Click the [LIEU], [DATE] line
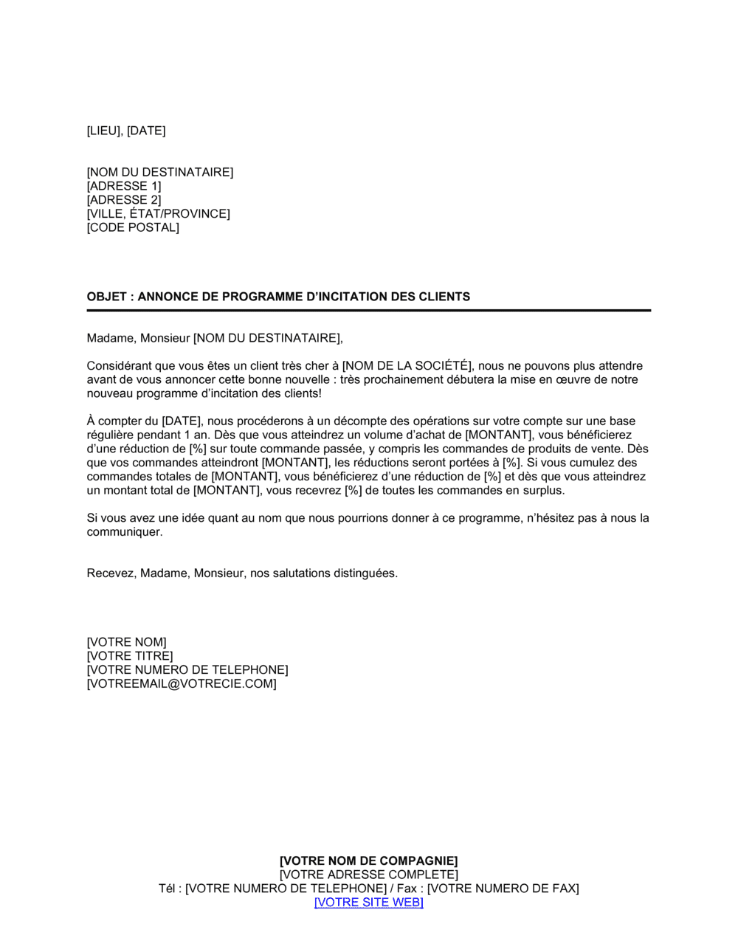pyautogui.click(x=126, y=131)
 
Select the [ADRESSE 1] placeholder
pyautogui.click(x=124, y=187)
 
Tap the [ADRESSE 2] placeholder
pyautogui.click(x=124, y=200)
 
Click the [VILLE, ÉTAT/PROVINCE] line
pyautogui.click(x=159, y=214)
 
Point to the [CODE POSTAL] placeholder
pyautogui.click(x=133, y=228)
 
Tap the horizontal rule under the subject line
pyautogui.click(x=369, y=311)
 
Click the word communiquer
pyautogui.click(x=124, y=532)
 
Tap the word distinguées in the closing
pyautogui.click(x=365, y=573)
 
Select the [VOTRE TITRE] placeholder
pyautogui.click(x=130, y=656)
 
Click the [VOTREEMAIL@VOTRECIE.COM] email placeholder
pyautogui.click(x=182, y=684)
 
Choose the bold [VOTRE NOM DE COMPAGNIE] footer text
pyautogui.click(x=369, y=861)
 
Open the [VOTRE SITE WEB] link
pyautogui.click(x=369, y=903)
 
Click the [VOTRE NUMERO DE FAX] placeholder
pyautogui.click(x=503, y=889)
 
